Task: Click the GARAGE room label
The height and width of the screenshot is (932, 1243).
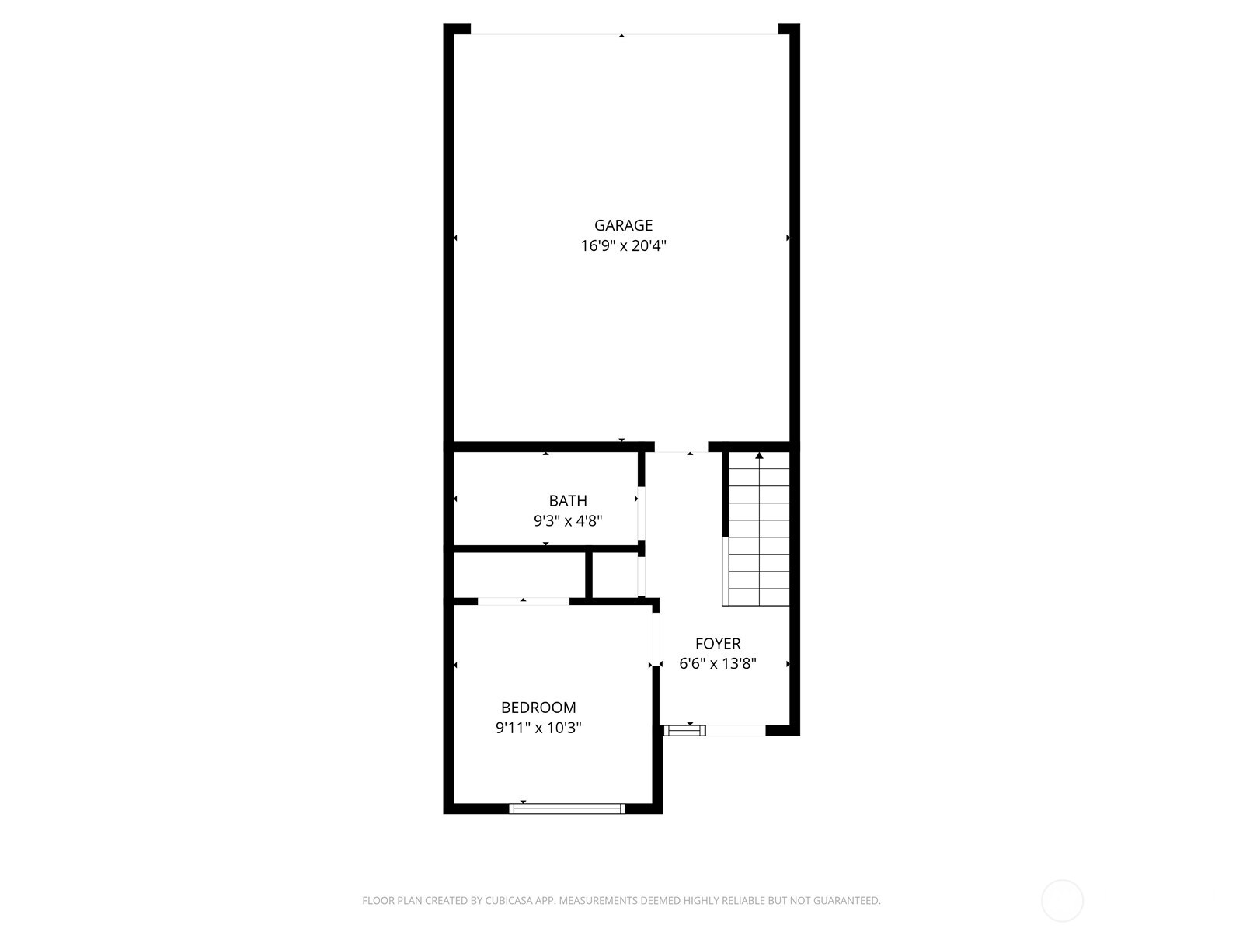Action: tap(623, 225)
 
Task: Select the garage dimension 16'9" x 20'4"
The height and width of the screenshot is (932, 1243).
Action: tap(623, 246)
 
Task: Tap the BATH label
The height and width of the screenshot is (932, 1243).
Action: tap(568, 501)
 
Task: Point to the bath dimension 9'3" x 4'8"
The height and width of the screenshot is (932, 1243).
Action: tap(568, 521)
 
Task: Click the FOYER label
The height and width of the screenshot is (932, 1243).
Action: tap(718, 643)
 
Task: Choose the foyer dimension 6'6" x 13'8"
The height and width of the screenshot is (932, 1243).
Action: tap(718, 664)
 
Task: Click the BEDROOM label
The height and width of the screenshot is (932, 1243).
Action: tap(538, 708)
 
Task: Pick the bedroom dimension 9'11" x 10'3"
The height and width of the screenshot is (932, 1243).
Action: tap(538, 729)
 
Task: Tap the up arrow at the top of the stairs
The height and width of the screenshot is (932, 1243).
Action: tap(759, 456)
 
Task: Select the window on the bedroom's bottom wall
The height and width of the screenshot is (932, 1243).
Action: tap(567, 809)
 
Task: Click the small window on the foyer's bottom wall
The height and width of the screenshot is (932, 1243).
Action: tap(684, 730)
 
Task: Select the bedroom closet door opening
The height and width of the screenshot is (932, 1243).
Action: tap(524, 601)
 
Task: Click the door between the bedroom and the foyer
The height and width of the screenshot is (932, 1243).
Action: tap(655, 638)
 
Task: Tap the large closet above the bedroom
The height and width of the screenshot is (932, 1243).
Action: tap(519, 576)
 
